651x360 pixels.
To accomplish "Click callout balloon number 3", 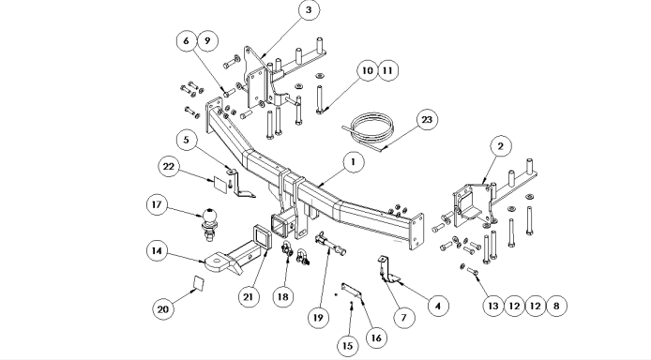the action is pos(309,10).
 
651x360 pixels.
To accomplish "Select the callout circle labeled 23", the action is pos(427,120).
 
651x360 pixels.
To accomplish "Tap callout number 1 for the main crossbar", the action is pos(354,162).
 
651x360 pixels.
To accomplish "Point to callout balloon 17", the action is pos(157,205).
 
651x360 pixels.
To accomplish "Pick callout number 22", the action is pos(169,167).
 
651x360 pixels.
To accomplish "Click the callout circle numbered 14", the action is pos(157,251).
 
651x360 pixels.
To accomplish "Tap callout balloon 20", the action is pos(163,309).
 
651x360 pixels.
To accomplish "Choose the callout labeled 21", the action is pos(249,297).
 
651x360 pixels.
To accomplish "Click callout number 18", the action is pos(283,297).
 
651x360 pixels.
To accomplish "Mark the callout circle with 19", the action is pos(318,318).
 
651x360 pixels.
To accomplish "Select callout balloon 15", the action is pos(348,346).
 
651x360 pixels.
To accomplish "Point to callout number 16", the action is pos(376,338).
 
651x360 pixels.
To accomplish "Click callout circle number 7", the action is pos(403,318).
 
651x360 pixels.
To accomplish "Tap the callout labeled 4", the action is pos(438,306).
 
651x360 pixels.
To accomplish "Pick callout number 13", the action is pos(492,306).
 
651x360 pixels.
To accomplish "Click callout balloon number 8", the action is pos(556,306).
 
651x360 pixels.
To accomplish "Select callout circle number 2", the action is pos(501,146).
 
